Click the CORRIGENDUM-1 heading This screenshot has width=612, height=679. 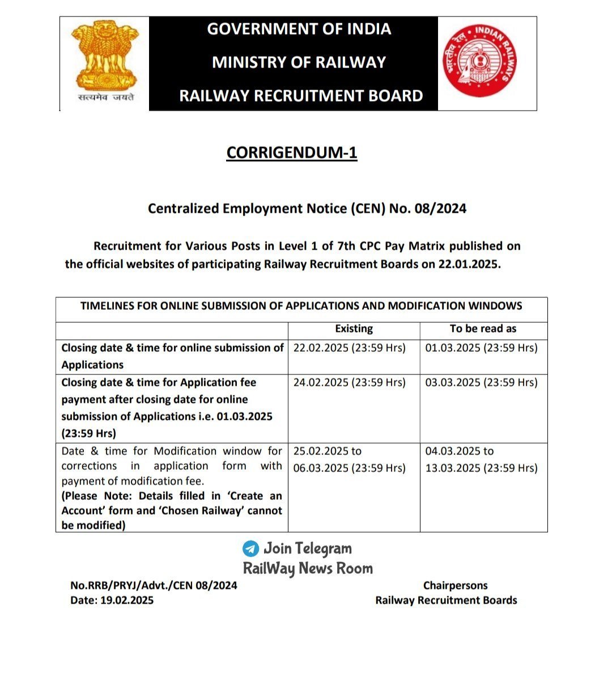(292, 153)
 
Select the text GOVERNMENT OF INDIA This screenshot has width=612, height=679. (299, 29)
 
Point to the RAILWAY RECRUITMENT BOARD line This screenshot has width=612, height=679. (301, 95)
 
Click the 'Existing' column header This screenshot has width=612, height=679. (354, 328)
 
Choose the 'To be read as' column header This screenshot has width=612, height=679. (483, 328)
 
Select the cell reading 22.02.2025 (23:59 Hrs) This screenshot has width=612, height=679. (349, 348)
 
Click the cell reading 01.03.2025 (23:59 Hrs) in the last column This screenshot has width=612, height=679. (481, 348)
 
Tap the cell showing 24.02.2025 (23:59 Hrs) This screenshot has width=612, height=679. (349, 382)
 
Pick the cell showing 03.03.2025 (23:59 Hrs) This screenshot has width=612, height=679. (481, 382)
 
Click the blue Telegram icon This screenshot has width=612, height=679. (250, 549)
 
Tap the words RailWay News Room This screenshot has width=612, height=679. (308, 568)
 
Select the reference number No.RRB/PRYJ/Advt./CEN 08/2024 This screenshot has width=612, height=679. (154, 585)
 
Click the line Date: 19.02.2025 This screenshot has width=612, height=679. (112, 600)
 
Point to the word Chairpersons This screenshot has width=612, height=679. (455, 585)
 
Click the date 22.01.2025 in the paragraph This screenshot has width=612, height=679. (469, 264)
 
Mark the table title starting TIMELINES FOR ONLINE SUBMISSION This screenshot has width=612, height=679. (301, 306)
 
